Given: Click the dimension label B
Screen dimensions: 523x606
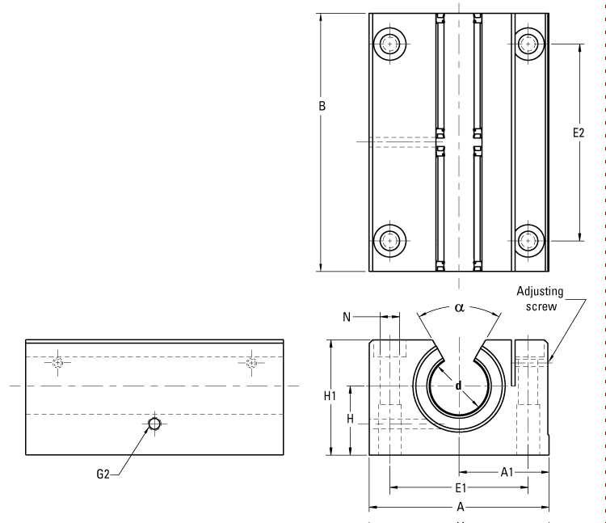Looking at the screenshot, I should click(322, 105).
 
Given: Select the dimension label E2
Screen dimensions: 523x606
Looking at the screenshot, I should click(578, 133).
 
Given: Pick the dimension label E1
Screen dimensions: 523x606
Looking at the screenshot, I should click(458, 487).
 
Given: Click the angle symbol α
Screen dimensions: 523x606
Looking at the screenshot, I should click(459, 307).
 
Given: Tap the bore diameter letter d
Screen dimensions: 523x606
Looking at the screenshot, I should click(459, 385).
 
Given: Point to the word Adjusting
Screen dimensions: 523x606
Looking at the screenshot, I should click(540, 292).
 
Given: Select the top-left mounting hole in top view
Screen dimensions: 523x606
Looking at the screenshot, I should click(390, 44).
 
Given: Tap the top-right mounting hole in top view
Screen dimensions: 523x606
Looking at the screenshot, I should click(528, 44).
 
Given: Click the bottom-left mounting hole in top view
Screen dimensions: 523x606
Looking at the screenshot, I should click(390, 239).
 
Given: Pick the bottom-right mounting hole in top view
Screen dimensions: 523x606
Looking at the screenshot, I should click(528, 239).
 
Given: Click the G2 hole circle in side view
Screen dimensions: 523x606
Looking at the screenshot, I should click(154, 424).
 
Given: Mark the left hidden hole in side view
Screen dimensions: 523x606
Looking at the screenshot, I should click(57, 362).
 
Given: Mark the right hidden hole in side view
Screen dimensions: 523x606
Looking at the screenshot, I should click(252, 362).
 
